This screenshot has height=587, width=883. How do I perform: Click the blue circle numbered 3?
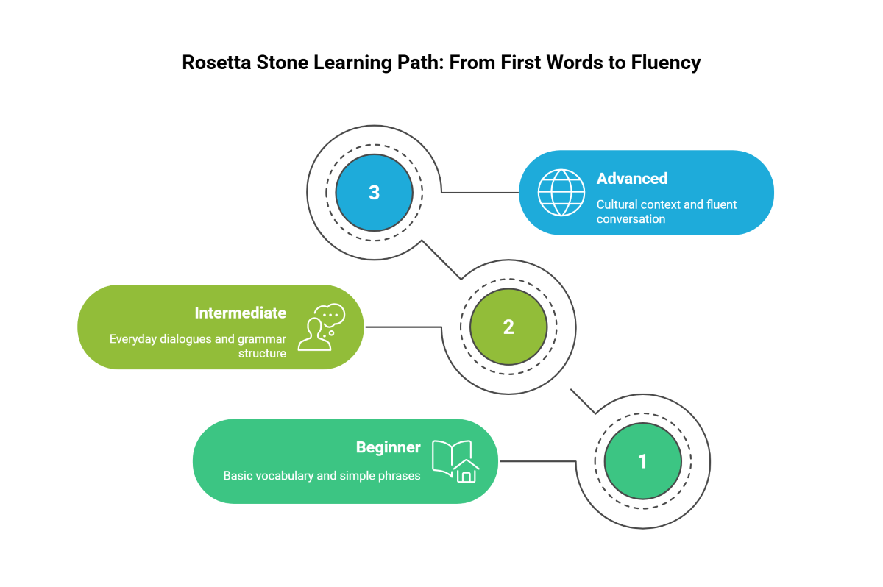point(374,193)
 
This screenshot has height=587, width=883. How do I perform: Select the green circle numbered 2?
point(508,327)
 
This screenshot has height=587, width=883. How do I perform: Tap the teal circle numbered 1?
point(642,461)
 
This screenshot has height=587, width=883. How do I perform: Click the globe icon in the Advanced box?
point(561,193)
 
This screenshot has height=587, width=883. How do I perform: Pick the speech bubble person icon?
point(321,327)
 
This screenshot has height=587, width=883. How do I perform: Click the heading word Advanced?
point(632,179)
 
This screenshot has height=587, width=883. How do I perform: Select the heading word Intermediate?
point(240,313)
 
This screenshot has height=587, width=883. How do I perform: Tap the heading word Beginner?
point(388,447)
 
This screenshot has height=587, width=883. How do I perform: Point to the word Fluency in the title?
point(665,63)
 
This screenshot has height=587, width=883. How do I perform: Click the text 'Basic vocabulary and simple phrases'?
point(322,476)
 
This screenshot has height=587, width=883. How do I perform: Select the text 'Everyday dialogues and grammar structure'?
point(198,346)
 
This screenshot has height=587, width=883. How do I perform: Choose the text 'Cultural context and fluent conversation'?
point(666,212)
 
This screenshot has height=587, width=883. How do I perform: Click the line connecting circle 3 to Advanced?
point(480,193)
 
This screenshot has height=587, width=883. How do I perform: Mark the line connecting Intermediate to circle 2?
point(403,327)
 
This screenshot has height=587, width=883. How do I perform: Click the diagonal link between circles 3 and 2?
point(441,260)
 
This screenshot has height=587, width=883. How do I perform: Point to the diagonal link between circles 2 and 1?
point(583,401)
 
